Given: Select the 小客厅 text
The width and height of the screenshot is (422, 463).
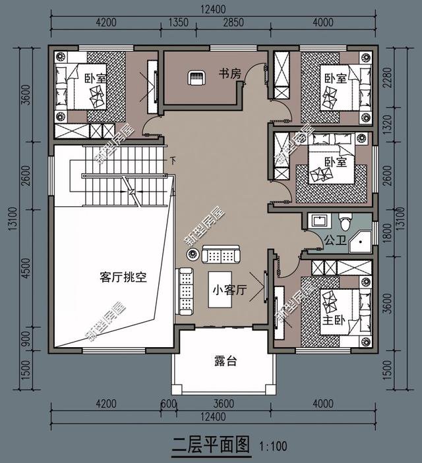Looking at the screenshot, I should tap(229, 290).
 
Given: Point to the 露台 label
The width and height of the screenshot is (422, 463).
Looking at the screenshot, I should tap(226, 360).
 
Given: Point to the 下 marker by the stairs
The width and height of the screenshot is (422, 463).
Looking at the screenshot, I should tap(173, 159).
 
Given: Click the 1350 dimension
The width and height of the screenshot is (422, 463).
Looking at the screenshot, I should tap(179, 22).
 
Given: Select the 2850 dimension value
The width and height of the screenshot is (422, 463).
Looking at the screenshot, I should tap(233, 22).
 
